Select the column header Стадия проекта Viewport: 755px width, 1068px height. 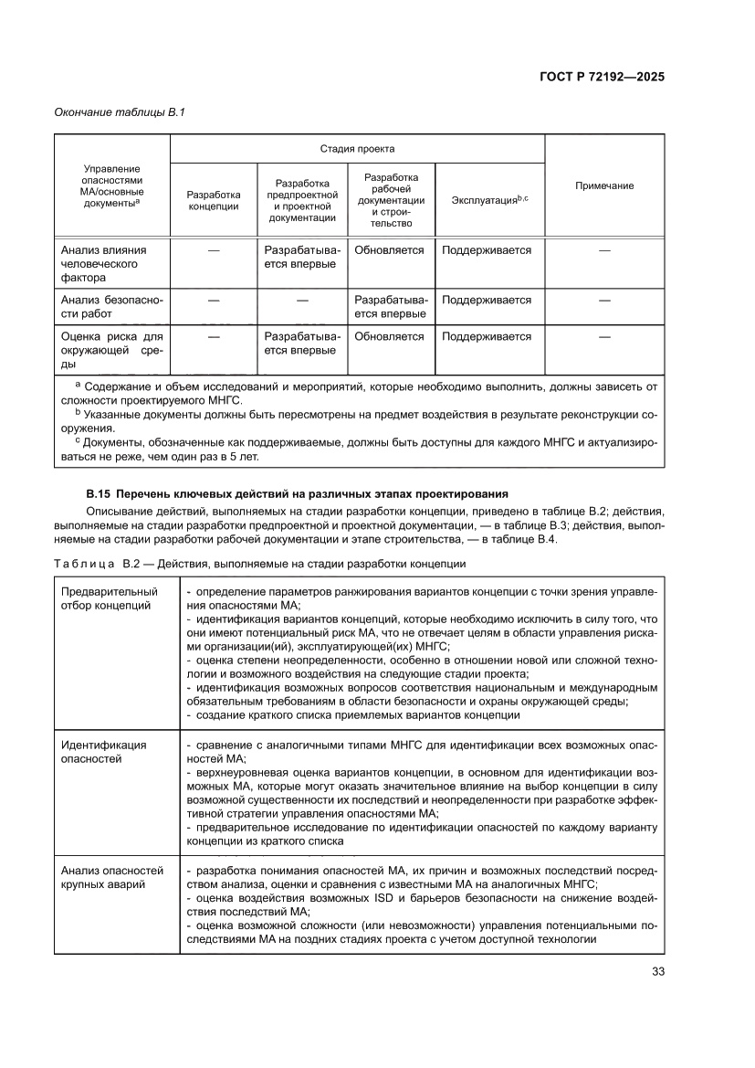pos(357,148)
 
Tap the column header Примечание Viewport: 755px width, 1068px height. pos(604,185)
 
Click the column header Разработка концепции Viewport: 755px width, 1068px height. pos(214,200)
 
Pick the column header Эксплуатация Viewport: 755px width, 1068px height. pos(490,199)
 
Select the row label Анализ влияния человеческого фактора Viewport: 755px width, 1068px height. pos(103,263)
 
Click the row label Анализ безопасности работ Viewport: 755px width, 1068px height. pos(111,307)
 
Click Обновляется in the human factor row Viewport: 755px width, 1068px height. pos(389,249)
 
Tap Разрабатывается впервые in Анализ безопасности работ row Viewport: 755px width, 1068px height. pos(390,307)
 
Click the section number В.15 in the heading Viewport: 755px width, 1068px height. pos(98,494)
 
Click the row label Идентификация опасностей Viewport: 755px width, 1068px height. pos(103,751)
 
